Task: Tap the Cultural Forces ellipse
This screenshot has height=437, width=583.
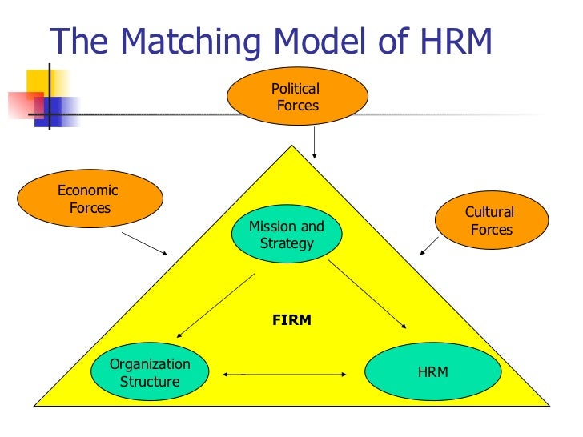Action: pyautogui.click(x=491, y=220)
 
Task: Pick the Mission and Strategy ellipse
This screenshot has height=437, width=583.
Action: pyautogui.click(x=287, y=235)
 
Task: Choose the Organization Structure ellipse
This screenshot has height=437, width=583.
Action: pyautogui.click(x=150, y=372)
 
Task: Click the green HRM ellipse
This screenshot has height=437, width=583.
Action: pyautogui.click(x=432, y=372)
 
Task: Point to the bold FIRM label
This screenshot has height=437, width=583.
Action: pyautogui.click(x=291, y=320)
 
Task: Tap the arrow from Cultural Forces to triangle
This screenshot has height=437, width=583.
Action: pyautogui.click(x=429, y=246)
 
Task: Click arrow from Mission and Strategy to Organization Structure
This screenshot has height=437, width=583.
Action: pyautogui.click(x=215, y=305)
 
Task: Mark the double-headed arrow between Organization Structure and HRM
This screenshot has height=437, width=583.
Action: pyautogui.click(x=286, y=373)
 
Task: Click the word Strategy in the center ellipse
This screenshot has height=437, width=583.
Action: pyautogui.click(x=287, y=243)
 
